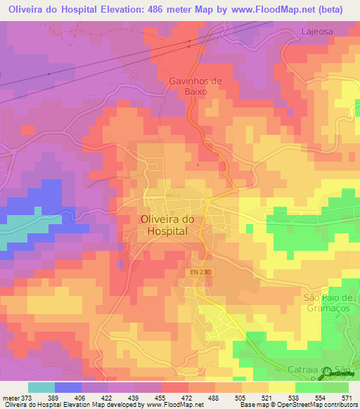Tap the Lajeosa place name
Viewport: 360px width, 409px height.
point(315,31)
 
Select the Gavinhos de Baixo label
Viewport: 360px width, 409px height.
point(195,86)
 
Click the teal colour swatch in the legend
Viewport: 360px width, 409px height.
point(41,387)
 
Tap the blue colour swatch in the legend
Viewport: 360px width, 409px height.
point(68,387)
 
